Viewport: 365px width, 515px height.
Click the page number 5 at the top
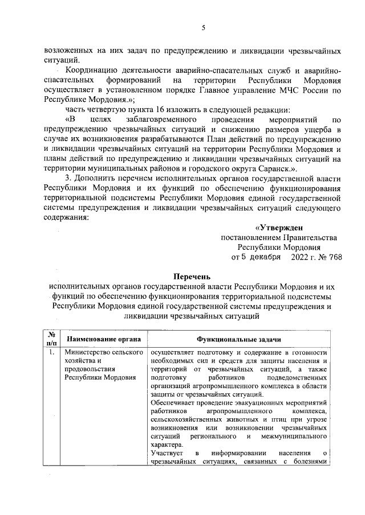(203, 28)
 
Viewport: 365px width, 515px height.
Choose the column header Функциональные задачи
(238, 340)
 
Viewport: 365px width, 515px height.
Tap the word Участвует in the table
(165, 453)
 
